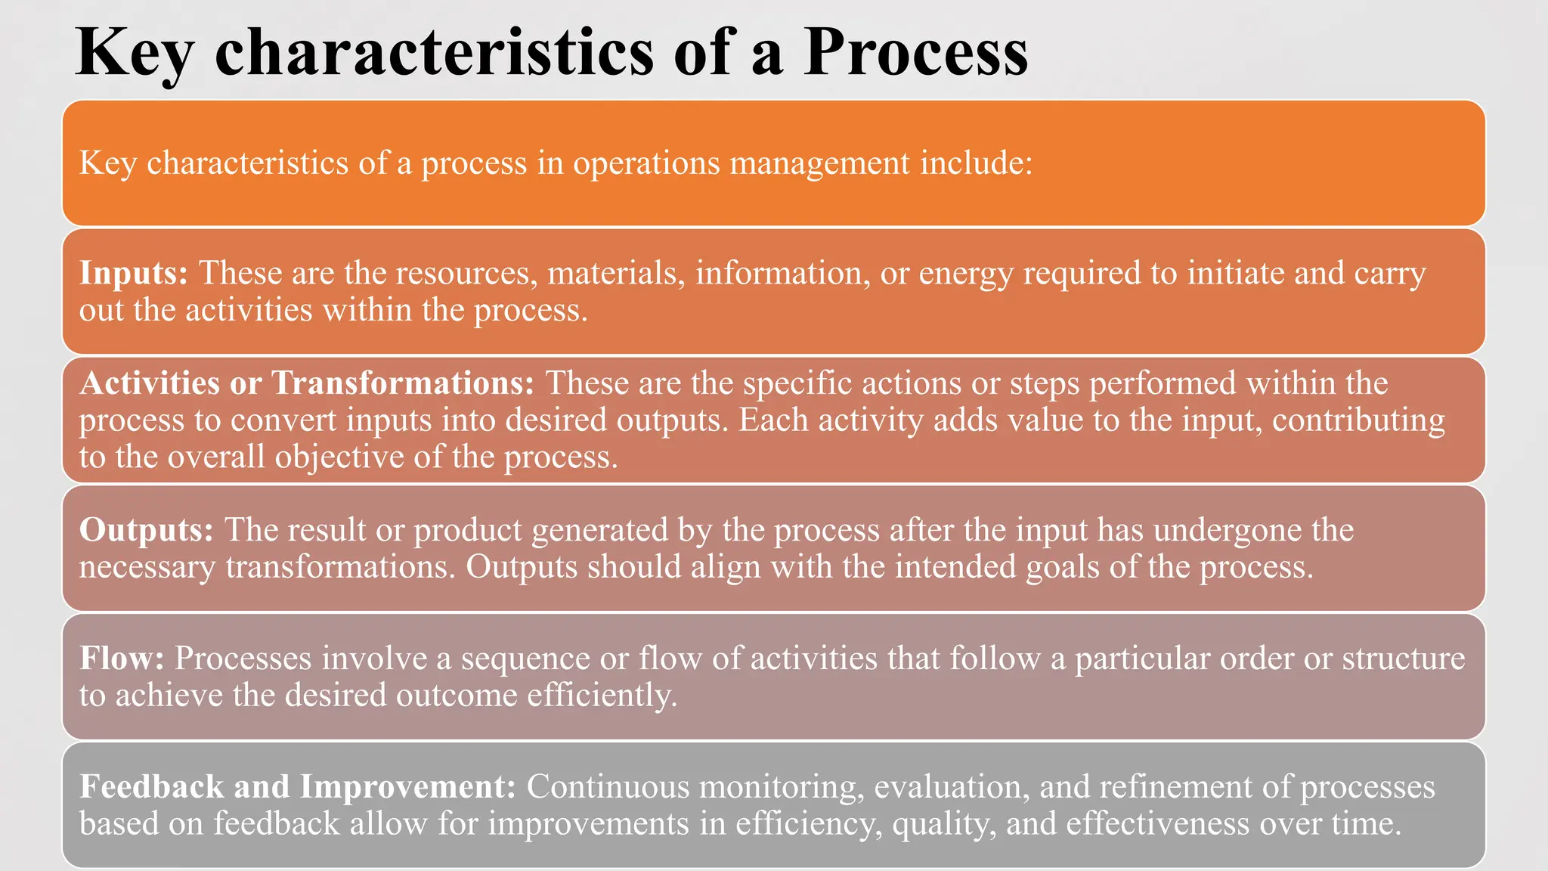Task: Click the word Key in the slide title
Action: coord(135,53)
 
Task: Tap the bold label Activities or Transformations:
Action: coord(307,383)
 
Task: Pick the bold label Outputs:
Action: coord(147,530)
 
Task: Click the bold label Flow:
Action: coord(122,659)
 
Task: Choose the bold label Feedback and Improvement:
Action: coord(298,787)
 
